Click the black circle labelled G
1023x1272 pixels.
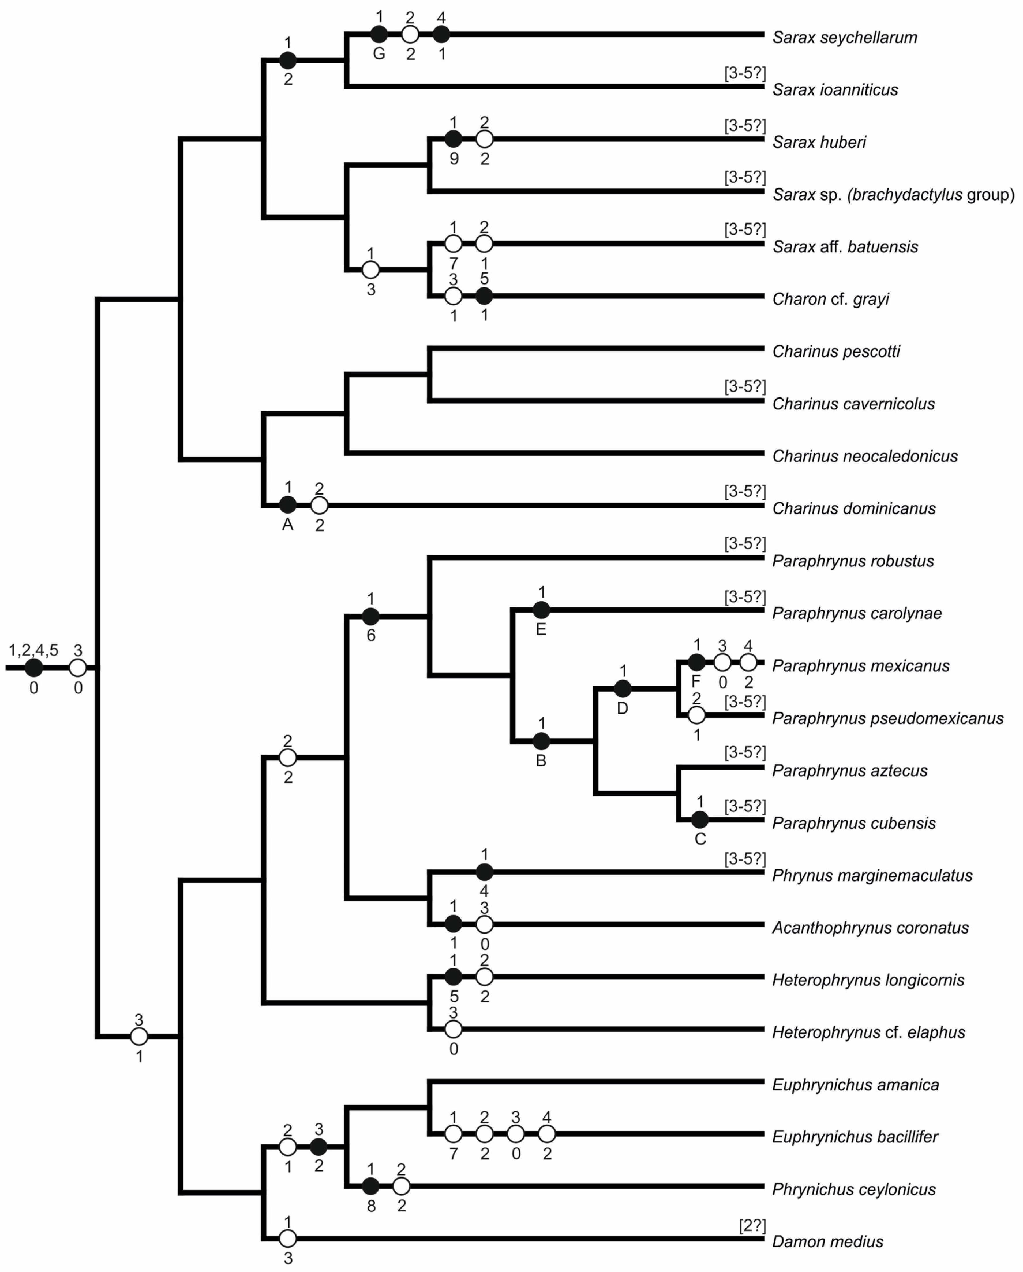(x=379, y=34)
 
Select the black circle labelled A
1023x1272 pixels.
(x=287, y=504)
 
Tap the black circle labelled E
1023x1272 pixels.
(x=541, y=610)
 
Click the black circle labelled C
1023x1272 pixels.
(x=700, y=820)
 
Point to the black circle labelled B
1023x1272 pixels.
(x=541, y=741)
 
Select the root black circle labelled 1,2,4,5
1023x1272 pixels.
(x=34, y=668)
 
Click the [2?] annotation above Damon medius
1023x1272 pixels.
(x=752, y=1225)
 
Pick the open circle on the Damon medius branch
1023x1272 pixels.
(x=287, y=1238)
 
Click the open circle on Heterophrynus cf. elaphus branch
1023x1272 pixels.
(x=453, y=1030)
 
